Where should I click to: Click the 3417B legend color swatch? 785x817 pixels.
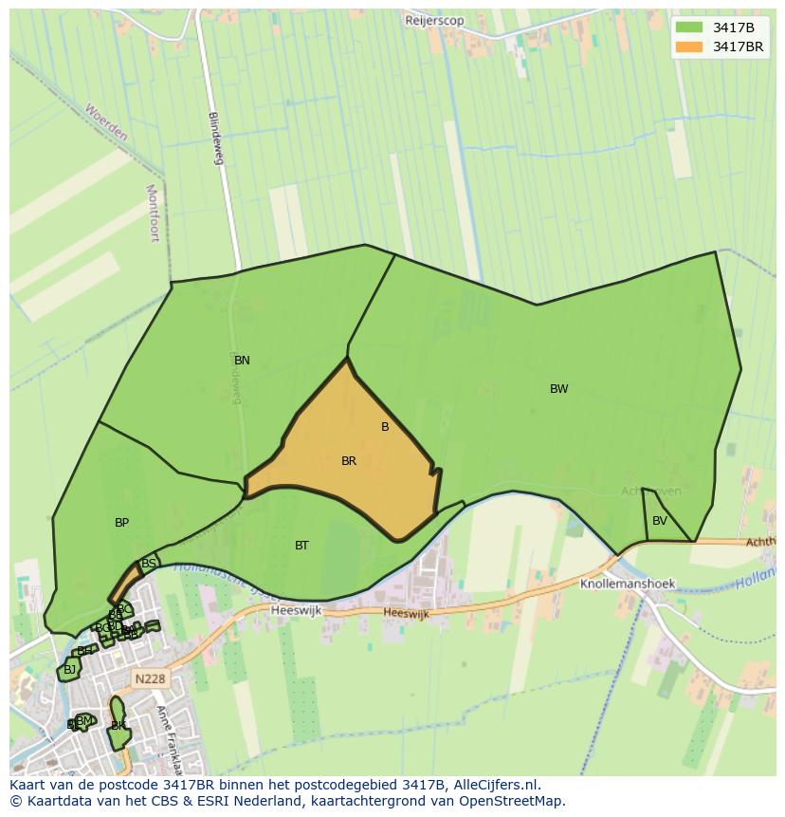point(690,28)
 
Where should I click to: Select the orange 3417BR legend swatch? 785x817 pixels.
point(690,46)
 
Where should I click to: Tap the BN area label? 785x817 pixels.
point(242,361)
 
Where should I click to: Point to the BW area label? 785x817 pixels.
point(559,389)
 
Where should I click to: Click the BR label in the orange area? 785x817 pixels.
point(349,461)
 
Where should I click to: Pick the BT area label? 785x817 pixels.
point(301,546)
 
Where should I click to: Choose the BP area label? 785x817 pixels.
point(121,523)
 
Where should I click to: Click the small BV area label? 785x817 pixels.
point(660,521)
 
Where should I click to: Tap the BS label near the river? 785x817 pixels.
point(148,564)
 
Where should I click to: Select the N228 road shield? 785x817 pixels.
point(150,678)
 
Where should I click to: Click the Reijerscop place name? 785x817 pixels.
point(434,20)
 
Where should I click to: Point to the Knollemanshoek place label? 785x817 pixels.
point(628,585)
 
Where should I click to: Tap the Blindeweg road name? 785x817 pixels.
point(216,139)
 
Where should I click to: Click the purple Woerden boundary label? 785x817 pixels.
point(105,122)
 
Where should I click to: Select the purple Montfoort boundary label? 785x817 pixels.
point(153,214)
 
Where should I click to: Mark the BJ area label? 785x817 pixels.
point(69,670)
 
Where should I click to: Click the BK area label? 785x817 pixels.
point(119,726)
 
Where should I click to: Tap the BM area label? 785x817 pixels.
point(84,721)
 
